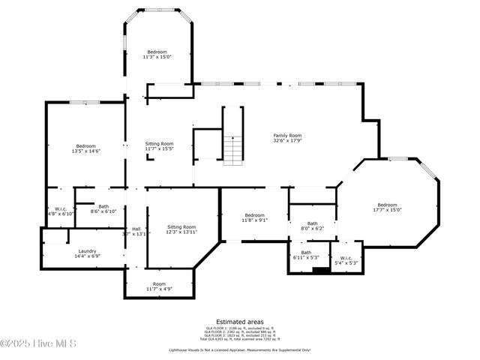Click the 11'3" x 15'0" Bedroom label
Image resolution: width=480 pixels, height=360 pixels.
(157, 54)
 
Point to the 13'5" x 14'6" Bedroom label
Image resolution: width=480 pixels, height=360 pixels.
(85, 148)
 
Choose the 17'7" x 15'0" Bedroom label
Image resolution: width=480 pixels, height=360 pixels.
(387, 208)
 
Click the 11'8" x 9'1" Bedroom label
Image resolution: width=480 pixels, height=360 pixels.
(254, 217)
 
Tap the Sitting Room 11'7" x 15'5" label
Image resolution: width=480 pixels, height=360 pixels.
(159, 146)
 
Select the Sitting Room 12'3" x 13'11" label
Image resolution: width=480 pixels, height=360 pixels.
(181, 229)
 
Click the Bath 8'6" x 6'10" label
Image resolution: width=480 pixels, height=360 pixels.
(103, 209)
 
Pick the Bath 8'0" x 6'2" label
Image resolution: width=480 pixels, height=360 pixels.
(311, 226)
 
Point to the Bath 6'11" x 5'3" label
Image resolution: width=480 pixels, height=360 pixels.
(306, 255)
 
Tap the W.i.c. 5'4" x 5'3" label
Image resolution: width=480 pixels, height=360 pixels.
(346, 260)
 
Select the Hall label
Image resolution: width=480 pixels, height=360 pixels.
(136, 231)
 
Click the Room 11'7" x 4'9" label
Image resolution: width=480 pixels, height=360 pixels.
(159, 286)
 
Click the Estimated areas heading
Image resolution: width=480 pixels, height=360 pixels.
(239, 320)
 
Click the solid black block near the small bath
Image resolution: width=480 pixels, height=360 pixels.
(320, 271)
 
